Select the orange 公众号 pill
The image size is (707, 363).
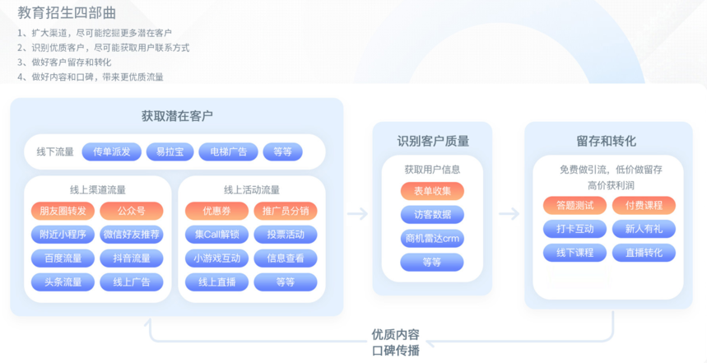[x=132, y=211]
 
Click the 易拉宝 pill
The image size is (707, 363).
[x=170, y=151]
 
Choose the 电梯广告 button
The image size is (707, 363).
[x=227, y=151]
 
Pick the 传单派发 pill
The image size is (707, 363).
[x=112, y=151]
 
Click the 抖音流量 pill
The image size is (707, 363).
[x=132, y=258]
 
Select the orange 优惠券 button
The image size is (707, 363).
[x=216, y=211]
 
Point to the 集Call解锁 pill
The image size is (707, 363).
[x=216, y=235]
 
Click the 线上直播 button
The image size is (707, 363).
[x=216, y=282]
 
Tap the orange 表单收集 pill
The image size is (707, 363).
[x=432, y=191]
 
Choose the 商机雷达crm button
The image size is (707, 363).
[x=432, y=239]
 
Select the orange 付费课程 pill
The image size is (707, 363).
[x=644, y=205]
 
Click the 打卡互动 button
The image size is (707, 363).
[x=574, y=229]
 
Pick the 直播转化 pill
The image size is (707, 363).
[x=644, y=253]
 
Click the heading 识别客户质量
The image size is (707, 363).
[x=433, y=141]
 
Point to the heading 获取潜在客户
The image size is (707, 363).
[x=177, y=116]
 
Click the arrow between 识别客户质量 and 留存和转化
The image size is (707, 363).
[x=509, y=214]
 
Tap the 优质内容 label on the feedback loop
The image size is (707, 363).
[x=395, y=335]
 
